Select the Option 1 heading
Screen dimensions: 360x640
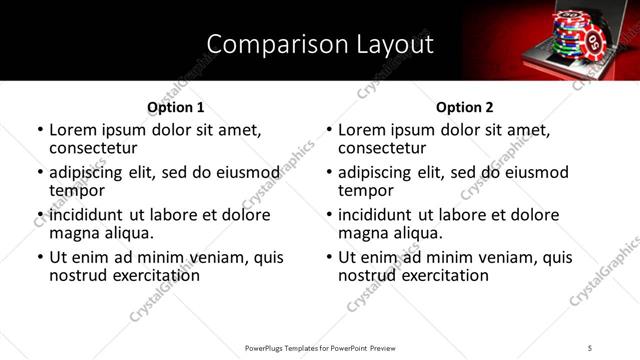pos(176,107)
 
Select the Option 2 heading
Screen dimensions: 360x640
pos(465,107)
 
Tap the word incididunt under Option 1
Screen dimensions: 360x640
pos(88,215)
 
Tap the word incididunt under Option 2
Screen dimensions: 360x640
pos(377,215)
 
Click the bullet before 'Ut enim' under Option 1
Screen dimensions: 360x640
pos(40,258)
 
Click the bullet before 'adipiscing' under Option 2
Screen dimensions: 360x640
pos(329,173)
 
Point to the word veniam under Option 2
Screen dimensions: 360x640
pos(483,257)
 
